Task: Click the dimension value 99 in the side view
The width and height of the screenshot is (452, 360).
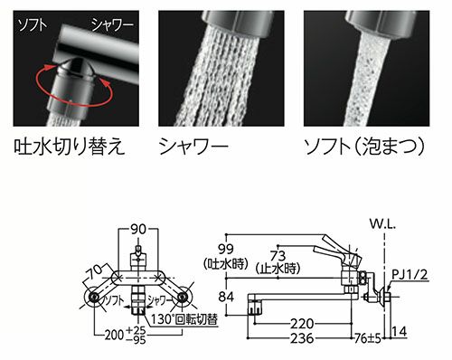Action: click(226, 250)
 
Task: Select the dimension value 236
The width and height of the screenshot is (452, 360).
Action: click(305, 338)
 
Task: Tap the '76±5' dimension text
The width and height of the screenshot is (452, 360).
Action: click(364, 338)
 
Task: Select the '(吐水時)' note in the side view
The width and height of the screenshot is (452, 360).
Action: click(226, 266)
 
